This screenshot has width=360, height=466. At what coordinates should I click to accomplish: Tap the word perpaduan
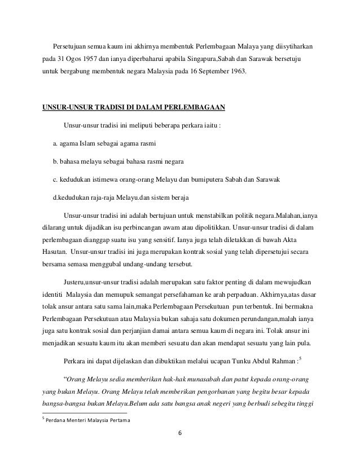217,295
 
